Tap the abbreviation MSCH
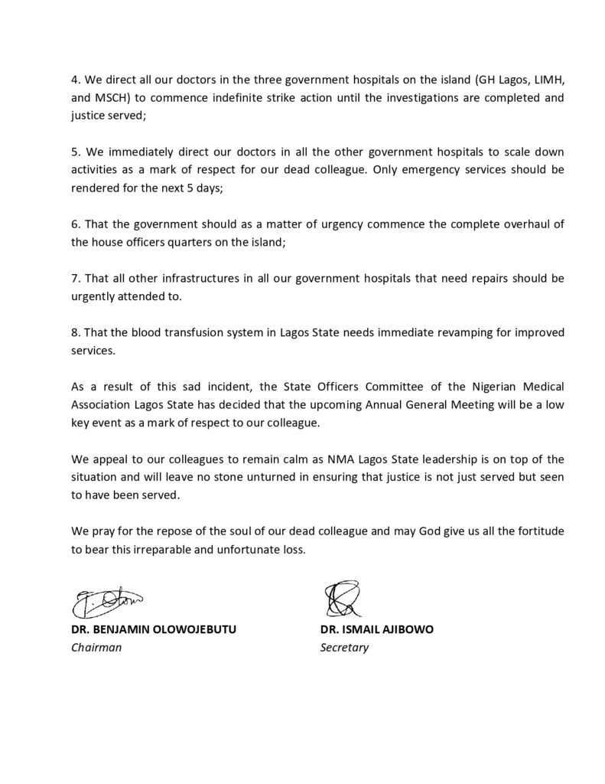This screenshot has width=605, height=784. [113, 98]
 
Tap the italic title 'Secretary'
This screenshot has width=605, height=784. [344, 648]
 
